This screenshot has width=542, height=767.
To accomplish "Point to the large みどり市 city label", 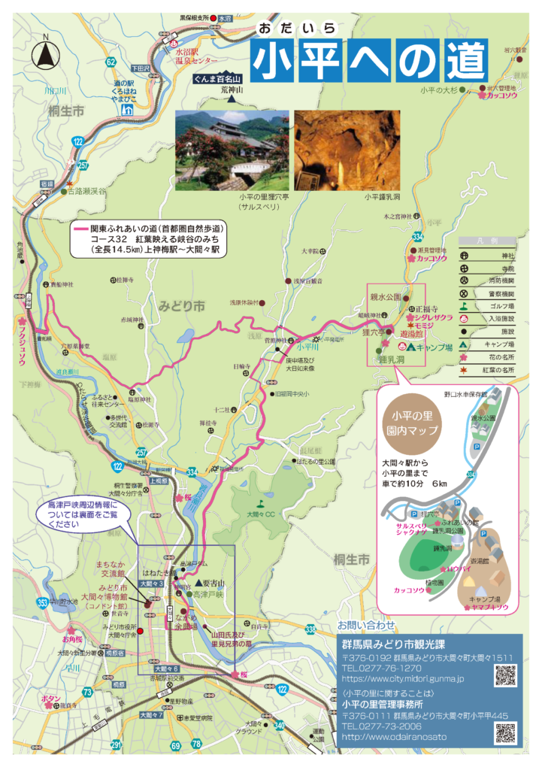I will pos(181,306).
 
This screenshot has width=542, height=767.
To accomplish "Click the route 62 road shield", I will pos(111,62).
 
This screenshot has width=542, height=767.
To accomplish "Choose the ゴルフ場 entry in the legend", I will pos(488,306).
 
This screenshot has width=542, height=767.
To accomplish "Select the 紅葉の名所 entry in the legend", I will pos(488,370).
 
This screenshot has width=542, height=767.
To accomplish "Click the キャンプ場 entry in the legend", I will pos(488,344).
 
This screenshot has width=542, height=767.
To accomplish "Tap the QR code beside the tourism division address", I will pos(505,675).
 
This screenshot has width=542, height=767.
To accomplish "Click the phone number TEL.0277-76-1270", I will pos(381,668).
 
